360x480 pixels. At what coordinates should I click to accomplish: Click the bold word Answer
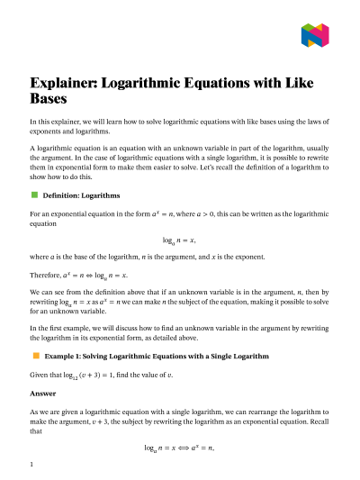click(43, 393)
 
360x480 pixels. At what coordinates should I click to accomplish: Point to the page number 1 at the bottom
click(31, 465)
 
